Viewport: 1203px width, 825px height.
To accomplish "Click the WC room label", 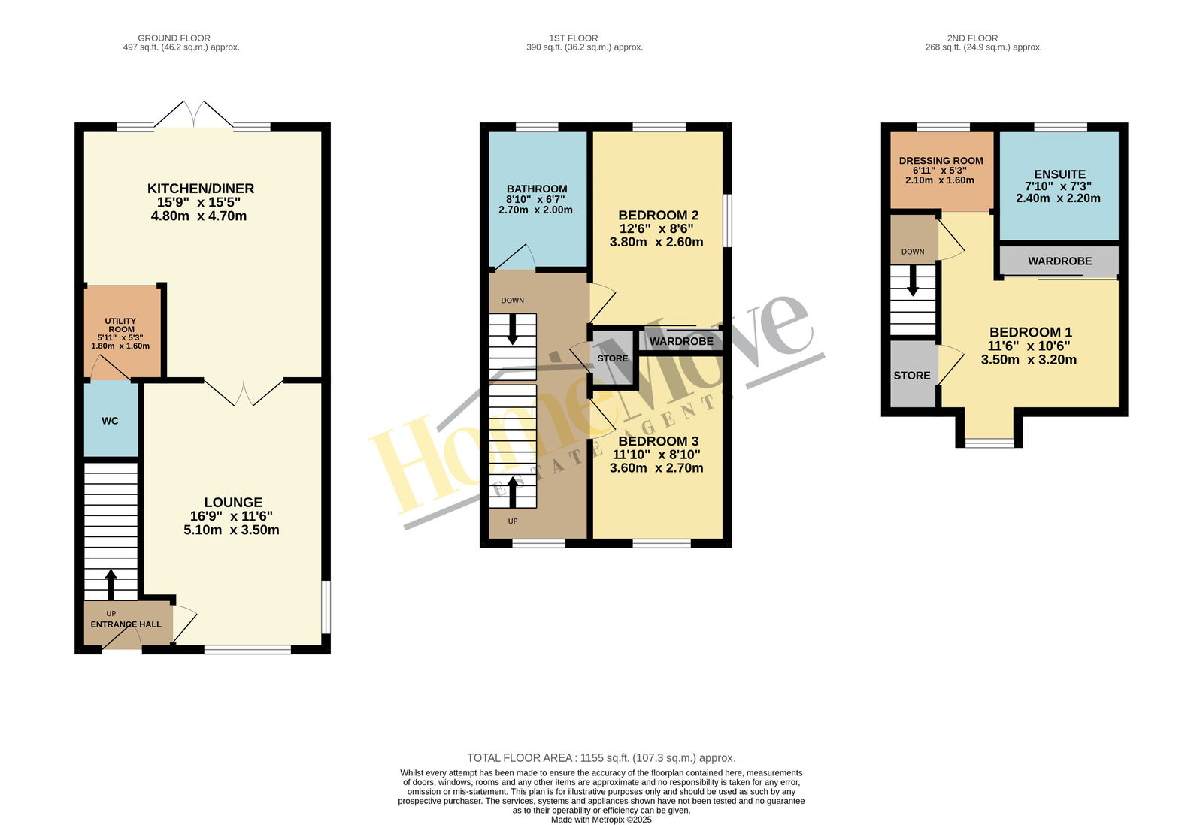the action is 110,421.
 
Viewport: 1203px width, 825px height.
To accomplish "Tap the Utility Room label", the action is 121,325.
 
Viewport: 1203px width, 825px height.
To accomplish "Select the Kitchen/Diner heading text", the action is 201,189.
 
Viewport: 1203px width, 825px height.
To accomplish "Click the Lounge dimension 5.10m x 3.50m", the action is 232,530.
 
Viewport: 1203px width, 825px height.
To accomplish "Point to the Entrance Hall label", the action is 126,624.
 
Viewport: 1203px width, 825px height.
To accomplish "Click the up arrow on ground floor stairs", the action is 111,585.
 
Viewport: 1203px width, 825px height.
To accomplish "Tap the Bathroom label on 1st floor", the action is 537,189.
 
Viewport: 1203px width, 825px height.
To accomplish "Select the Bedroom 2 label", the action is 659,215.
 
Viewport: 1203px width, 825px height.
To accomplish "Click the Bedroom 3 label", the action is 659,441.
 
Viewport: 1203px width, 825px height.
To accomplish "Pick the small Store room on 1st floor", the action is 613,358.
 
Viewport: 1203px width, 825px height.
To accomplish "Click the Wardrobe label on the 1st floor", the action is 681,341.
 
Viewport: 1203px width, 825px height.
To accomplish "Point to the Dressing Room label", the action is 941,161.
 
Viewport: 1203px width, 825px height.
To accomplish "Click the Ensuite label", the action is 1059,174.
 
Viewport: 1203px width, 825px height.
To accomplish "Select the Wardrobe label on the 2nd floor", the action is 1059,261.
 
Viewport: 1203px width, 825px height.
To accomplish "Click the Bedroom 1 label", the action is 1031,332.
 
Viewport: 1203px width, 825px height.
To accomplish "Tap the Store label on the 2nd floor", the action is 912,376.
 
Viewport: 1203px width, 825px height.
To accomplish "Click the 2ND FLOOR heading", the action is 973,38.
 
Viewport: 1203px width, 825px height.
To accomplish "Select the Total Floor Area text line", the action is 601,758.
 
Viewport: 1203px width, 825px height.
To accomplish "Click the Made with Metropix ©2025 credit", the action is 601,820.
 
